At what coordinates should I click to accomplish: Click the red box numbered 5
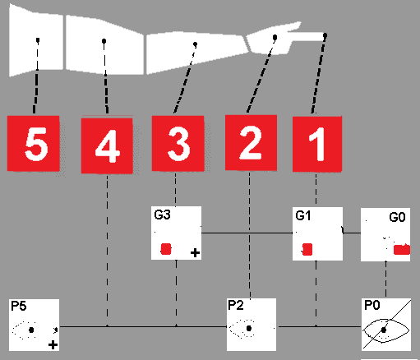tap(33, 144)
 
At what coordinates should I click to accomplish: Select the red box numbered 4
tap(107, 145)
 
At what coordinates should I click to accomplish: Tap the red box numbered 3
tap(178, 144)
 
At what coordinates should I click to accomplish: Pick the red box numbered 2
tap(251, 143)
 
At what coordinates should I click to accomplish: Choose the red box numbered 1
tap(317, 144)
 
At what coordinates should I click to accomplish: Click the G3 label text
tap(162, 215)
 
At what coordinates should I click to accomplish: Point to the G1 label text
tap(303, 216)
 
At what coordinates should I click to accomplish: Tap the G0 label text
tap(397, 217)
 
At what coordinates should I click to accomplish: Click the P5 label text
tap(19, 306)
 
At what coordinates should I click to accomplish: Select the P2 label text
tap(236, 305)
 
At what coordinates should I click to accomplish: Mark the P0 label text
tap(372, 305)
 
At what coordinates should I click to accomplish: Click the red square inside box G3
tap(166, 249)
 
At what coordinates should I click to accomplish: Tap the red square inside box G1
tap(307, 249)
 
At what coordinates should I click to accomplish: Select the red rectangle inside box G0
tap(402, 250)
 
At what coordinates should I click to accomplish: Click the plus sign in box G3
tap(195, 252)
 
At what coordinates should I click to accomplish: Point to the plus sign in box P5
tap(53, 344)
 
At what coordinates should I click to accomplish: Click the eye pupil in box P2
tap(249, 328)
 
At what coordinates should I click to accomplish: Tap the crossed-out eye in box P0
tap(386, 330)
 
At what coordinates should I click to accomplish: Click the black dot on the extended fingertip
tap(325, 35)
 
